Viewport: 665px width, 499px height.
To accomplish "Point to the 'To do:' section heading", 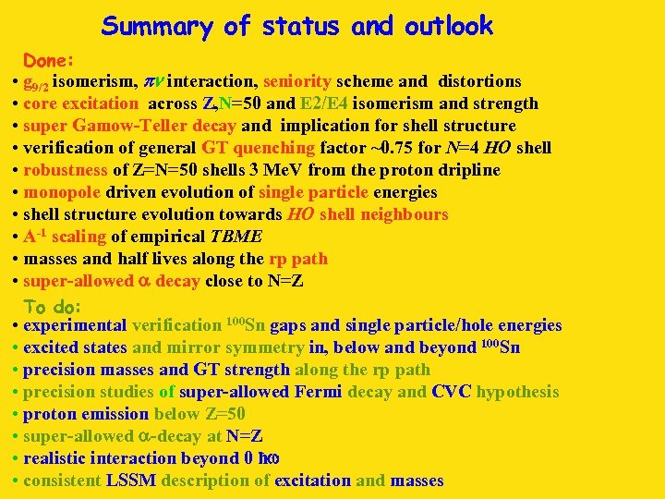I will click(x=53, y=306).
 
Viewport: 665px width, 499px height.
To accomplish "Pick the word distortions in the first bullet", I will click(x=479, y=81).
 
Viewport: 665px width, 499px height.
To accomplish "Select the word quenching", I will click(x=275, y=148).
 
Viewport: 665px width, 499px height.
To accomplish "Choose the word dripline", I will click(x=465, y=170).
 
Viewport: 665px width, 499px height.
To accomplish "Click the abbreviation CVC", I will click(x=450, y=392).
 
